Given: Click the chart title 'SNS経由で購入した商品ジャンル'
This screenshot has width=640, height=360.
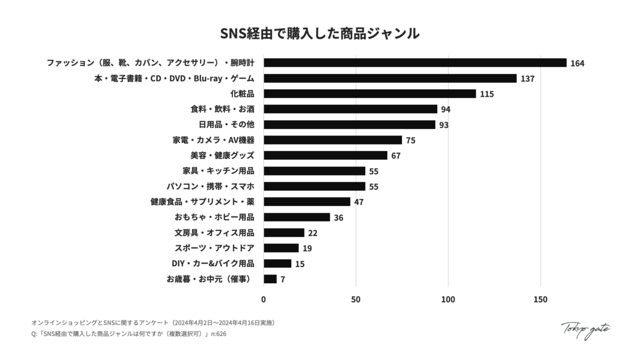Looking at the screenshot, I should [x=320, y=33].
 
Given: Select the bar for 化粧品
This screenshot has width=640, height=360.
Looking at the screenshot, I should [x=370, y=94].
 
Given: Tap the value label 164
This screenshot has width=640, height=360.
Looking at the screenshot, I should [x=577, y=63].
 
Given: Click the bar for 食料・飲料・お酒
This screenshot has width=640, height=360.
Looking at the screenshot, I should [x=350, y=109].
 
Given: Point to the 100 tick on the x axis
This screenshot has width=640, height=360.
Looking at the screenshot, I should [x=448, y=300].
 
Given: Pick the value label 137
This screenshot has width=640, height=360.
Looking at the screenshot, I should [x=527, y=79].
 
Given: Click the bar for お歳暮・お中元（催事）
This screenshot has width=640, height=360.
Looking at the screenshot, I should [x=270, y=279].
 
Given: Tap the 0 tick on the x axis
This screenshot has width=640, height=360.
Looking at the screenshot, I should [x=264, y=300].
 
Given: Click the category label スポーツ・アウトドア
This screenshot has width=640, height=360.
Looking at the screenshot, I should [x=214, y=248].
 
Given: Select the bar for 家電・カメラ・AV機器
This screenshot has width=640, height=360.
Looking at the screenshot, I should [x=333, y=140].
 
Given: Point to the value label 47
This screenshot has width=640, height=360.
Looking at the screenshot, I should [x=358, y=202].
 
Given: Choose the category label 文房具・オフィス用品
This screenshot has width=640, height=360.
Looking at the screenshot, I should [x=214, y=233].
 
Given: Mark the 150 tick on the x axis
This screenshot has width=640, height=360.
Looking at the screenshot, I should [x=540, y=300].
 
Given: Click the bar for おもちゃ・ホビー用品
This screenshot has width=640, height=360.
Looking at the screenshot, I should [x=297, y=217].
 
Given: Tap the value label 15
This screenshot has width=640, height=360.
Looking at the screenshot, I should [x=299, y=264].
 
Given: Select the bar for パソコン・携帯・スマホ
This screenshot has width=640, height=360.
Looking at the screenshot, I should [x=315, y=186].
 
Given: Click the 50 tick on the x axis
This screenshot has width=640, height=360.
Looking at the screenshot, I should [x=356, y=300].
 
